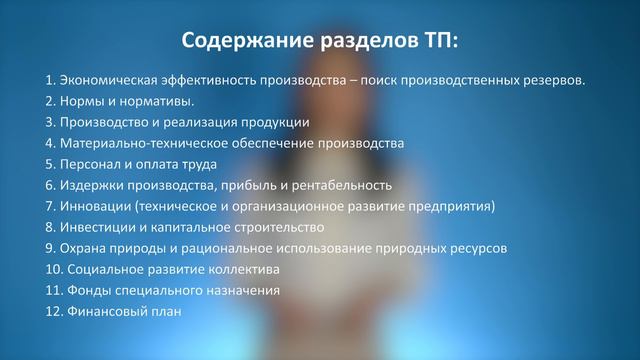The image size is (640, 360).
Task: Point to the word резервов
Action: pos(556,80)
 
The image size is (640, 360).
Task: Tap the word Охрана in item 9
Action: pos(82,248)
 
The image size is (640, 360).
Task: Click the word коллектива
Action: pos(245,270)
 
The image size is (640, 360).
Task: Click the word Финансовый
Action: pos(105,312)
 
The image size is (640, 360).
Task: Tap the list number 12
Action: pos(54,312)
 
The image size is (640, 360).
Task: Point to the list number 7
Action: pos(50,206)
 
